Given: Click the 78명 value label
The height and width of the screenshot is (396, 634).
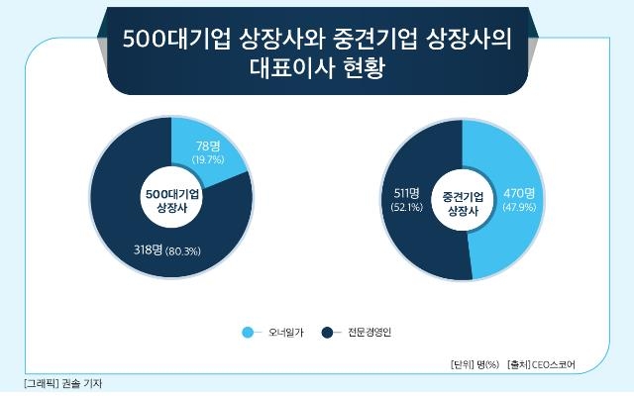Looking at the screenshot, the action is pyautogui.click(x=208, y=146).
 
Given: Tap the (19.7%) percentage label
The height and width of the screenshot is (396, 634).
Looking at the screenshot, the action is pyautogui.click(x=208, y=159).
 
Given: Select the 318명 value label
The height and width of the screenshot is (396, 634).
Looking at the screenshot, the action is pyautogui.click(x=148, y=249).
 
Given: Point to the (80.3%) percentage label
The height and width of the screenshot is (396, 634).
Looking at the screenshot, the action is pyautogui.click(x=183, y=251).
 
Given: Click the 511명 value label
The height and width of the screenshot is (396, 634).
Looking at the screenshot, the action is pyautogui.click(x=407, y=193).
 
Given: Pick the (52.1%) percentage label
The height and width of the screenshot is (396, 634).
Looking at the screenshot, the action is pyautogui.click(x=407, y=207).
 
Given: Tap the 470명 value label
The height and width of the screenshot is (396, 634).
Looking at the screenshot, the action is pyautogui.click(x=519, y=193).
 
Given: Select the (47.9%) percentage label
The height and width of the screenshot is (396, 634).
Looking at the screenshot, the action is pyautogui.click(x=519, y=207).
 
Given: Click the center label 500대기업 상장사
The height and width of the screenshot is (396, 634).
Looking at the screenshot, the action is pyautogui.click(x=172, y=201).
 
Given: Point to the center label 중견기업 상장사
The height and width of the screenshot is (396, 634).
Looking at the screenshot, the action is pyautogui.click(x=463, y=204).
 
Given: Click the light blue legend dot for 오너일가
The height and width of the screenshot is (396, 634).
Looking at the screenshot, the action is pyautogui.click(x=248, y=333).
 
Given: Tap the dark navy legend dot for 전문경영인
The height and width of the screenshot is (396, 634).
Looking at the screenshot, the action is pyautogui.click(x=327, y=333).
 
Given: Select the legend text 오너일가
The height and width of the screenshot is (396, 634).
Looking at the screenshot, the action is pyautogui.click(x=286, y=333).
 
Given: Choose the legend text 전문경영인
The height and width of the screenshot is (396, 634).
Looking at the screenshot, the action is pyautogui.click(x=370, y=333).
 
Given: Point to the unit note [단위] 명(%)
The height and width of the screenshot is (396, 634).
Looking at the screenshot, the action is pyautogui.click(x=475, y=365).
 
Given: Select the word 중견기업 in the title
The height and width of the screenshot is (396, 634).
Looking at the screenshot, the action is pyautogui.click(x=375, y=40).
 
